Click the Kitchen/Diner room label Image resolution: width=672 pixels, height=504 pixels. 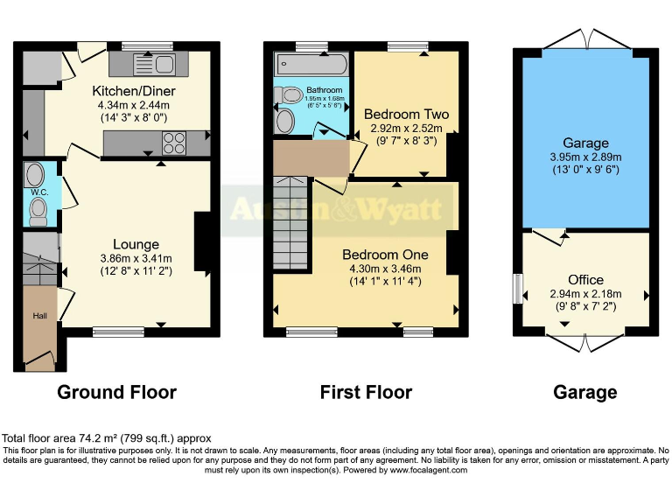pyautogui.click(x=135, y=91)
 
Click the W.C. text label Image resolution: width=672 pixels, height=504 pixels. pyautogui.click(x=38, y=192)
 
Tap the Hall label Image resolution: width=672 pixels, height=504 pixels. pyautogui.click(x=38, y=316)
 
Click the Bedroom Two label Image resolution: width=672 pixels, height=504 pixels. pyautogui.click(x=406, y=114)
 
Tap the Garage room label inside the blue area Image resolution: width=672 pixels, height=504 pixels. pyautogui.click(x=585, y=143)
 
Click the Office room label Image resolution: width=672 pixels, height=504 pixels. pyautogui.click(x=585, y=280)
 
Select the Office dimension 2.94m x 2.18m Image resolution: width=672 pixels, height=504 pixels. pyautogui.click(x=585, y=294)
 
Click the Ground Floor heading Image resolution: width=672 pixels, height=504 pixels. pyautogui.click(x=116, y=392)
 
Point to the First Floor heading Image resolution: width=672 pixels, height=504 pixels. pyautogui.click(x=366, y=392)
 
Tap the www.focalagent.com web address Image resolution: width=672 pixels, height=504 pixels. pyautogui.click(x=418, y=470)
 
